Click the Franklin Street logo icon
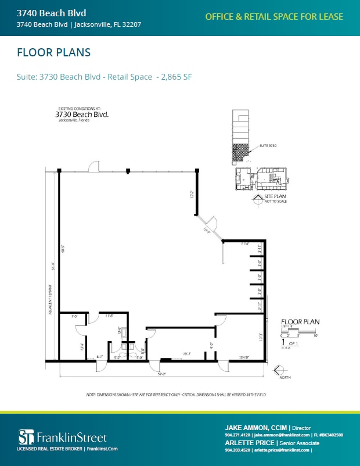(x=24, y=437)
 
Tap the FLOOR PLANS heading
(x=53, y=53)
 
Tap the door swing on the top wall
(x=93, y=166)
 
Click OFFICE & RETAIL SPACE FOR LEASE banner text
(x=274, y=17)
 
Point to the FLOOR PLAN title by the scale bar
(x=300, y=321)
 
